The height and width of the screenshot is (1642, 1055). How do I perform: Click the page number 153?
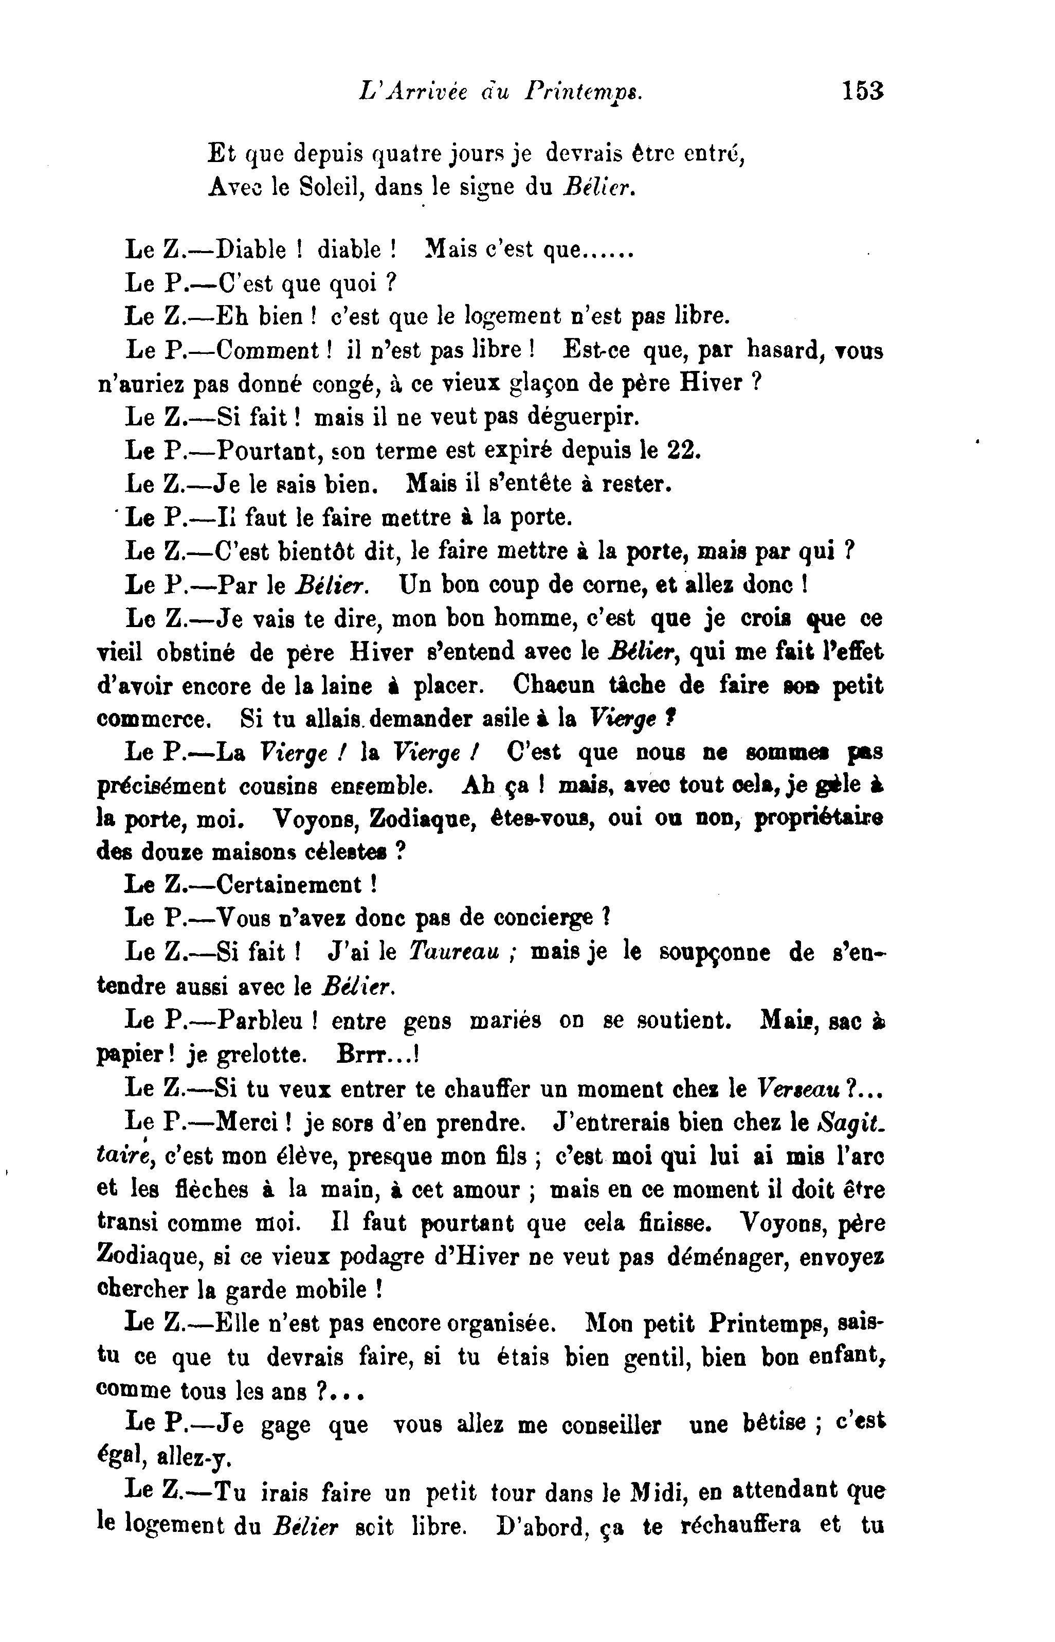(863, 91)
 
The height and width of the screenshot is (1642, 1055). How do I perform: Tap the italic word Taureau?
(453, 953)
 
